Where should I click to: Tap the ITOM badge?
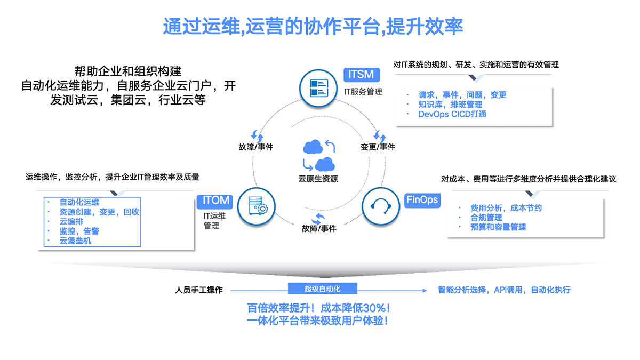215,201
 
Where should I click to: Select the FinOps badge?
422,200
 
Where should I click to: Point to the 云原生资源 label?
318,179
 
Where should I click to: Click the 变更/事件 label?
378,147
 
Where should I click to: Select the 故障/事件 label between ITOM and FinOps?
319,229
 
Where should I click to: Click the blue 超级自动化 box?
322,289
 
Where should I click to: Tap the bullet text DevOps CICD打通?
452,114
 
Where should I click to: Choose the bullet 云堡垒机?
75,241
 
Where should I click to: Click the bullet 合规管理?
486,217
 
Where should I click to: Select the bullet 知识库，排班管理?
450,104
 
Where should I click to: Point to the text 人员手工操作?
199,290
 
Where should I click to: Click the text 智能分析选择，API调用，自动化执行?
504,290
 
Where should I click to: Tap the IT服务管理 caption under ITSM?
363,91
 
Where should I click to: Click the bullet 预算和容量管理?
498,227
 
